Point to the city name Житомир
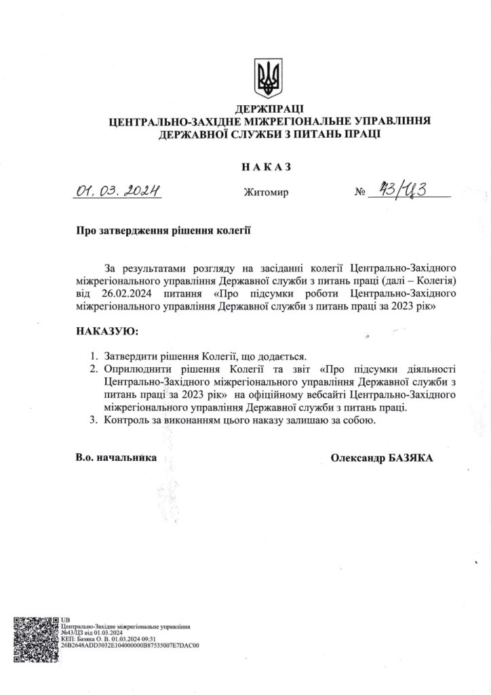[266, 193]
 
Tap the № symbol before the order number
[359, 193]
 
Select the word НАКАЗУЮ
[106, 331]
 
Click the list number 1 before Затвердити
[94, 355]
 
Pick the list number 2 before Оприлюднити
[94, 369]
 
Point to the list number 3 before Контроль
[94, 421]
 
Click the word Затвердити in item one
[132, 355]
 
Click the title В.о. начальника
[116, 458]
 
